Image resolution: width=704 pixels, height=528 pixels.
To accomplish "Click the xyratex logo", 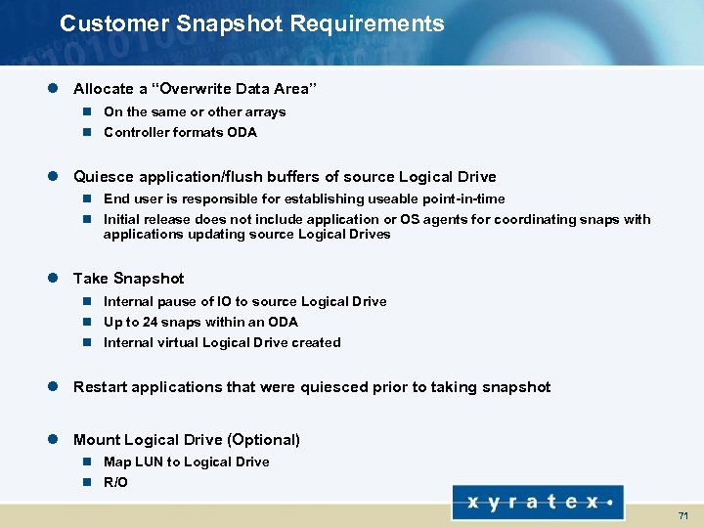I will [x=538, y=503].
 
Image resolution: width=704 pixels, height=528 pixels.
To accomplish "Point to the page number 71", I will [x=682, y=515].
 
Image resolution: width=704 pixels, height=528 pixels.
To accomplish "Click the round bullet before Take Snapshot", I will [x=56, y=279].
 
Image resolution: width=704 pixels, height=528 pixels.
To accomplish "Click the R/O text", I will [x=115, y=482].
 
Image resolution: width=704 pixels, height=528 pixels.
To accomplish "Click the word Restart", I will [x=101, y=387].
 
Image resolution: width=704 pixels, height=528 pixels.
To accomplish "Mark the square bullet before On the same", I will [x=86, y=112].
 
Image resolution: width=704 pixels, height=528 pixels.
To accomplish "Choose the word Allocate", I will [x=104, y=89].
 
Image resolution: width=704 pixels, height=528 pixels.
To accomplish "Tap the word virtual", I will [x=179, y=342].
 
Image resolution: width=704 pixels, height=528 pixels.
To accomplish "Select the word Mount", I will [x=96, y=440].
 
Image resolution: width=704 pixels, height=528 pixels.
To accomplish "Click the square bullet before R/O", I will [x=86, y=482].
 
